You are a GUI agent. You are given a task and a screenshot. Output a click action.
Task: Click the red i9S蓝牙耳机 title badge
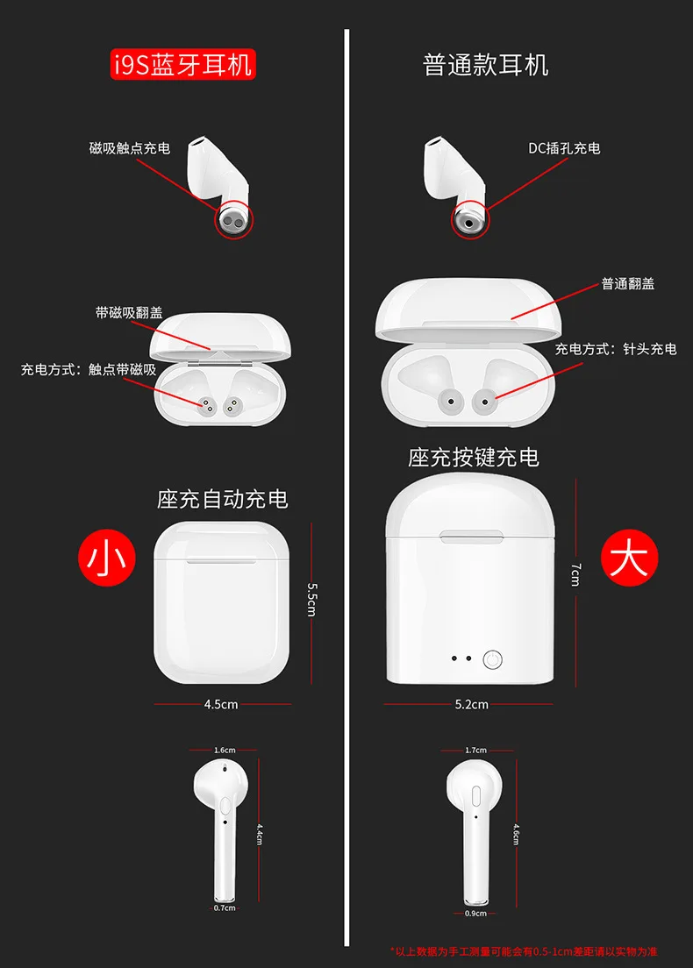[182, 65]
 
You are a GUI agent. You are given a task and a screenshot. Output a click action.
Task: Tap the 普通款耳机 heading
[485, 65]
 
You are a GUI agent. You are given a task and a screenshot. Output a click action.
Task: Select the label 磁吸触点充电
[130, 148]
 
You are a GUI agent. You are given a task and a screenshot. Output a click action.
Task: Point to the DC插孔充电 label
[564, 148]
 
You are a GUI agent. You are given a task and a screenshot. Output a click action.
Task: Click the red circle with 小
[107, 558]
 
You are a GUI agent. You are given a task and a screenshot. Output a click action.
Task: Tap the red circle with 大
[629, 558]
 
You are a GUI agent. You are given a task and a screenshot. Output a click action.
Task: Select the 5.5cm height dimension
[312, 600]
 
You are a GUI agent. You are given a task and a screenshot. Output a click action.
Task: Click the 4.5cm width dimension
[221, 704]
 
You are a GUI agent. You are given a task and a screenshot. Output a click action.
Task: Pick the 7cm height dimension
[575, 574]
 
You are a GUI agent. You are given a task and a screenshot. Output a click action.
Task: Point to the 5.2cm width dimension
[472, 704]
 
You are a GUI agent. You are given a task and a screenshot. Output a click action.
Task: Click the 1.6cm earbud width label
[225, 750]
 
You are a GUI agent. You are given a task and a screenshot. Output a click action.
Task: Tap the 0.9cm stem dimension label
[475, 913]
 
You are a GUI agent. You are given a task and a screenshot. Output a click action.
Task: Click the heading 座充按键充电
[473, 458]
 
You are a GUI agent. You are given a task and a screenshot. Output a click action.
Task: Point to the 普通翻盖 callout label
[628, 284]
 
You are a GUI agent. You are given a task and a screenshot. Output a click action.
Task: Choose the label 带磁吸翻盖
[129, 312]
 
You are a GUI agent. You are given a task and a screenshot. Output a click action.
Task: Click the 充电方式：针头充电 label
[616, 349]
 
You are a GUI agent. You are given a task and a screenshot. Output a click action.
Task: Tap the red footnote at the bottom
[524, 951]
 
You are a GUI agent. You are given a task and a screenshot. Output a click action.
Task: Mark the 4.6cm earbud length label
[517, 834]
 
